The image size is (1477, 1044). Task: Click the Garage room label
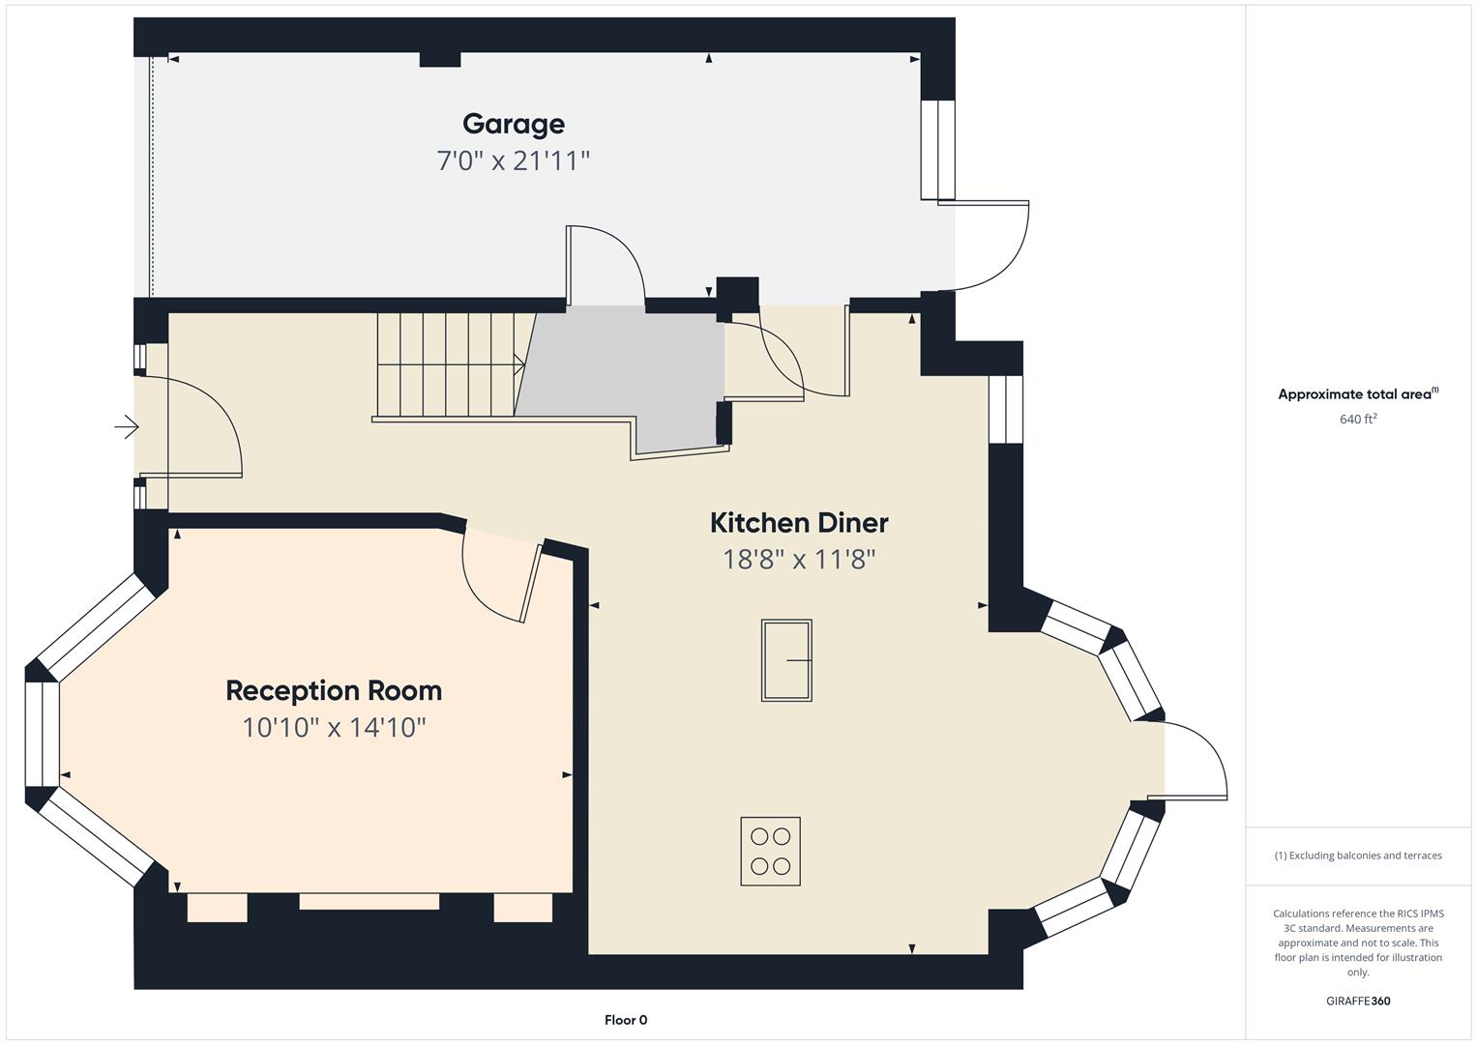pos(513,125)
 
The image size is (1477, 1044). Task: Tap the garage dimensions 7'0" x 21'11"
pos(513,160)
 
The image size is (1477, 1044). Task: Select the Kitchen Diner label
pos(799,523)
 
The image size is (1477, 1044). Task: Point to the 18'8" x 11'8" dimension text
pos(799,559)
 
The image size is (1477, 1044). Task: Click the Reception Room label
pos(334,691)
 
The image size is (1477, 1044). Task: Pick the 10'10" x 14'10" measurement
pos(334,727)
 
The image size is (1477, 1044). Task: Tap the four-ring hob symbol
pos(770,851)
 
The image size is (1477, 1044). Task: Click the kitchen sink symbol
pos(786,659)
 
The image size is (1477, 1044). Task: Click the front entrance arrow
pos(127,426)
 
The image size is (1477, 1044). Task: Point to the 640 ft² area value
pos(1358,420)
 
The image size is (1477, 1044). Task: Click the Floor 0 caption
pos(626,1020)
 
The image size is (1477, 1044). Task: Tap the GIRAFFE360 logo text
pos(1358,1000)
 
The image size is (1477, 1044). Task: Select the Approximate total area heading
pos(1358,393)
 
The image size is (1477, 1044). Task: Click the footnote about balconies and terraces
pos(1358,855)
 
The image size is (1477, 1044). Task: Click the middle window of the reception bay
pos(43,734)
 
